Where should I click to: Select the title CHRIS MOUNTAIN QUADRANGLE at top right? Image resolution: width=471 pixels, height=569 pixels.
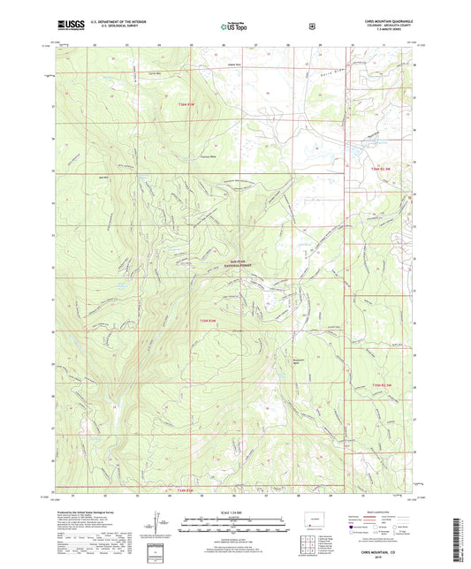coord(384,19)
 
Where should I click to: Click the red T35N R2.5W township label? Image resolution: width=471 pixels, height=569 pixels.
coord(382,385)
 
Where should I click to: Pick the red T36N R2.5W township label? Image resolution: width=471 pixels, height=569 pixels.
coord(382,169)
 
